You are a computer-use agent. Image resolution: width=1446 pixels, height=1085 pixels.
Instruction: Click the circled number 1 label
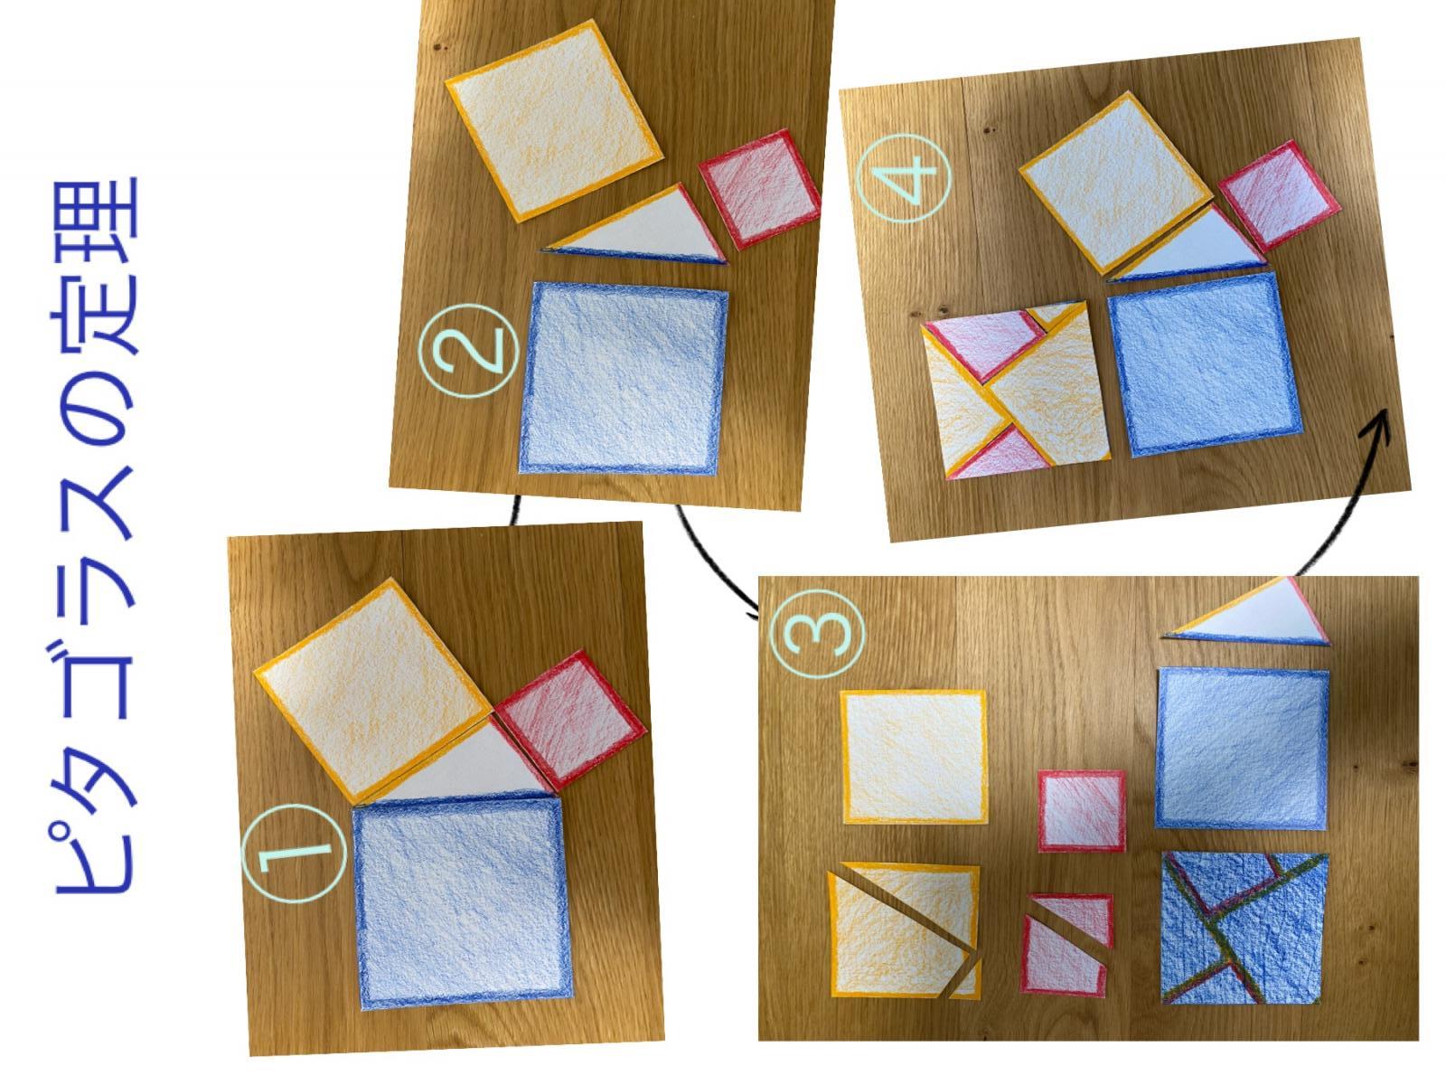294,854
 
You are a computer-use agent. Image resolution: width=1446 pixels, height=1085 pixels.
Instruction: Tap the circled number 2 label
469,351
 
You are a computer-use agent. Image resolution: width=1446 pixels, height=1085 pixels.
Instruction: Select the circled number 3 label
817,633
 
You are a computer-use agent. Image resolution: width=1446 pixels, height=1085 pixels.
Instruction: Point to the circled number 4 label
904,178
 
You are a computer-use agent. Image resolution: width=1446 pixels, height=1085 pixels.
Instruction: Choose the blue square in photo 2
624,378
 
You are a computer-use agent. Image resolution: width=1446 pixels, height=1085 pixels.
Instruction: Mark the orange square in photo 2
553,121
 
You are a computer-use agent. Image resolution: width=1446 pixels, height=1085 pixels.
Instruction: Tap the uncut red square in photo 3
1082,811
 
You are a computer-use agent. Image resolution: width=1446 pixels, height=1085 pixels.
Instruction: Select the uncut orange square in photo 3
915,757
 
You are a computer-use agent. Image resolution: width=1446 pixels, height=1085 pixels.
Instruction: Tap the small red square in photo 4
1280,196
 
